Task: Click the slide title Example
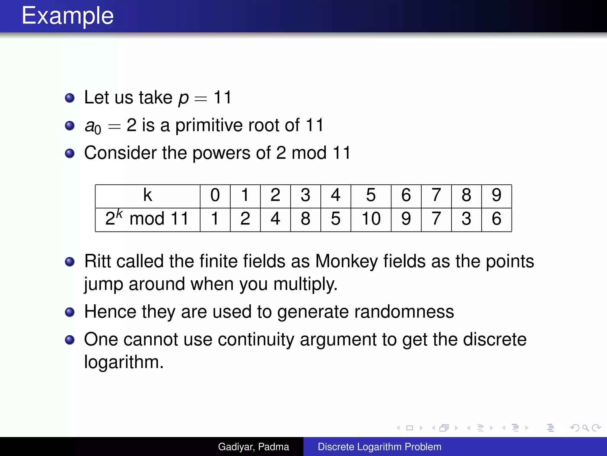tap(68, 16)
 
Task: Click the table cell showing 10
tap(371, 219)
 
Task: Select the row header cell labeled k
tap(148, 195)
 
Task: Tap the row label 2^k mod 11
tap(147, 219)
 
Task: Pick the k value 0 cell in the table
tap(215, 195)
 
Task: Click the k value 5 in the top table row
tap(371, 195)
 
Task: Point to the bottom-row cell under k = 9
tap(496, 219)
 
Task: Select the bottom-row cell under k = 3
tap(305, 219)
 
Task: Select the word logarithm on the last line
tap(123, 362)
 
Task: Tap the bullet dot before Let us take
tap(70, 98)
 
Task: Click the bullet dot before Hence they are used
tap(70, 312)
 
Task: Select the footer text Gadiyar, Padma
tap(253, 447)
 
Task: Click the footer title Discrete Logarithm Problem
tap(379, 447)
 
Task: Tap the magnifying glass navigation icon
tap(585, 428)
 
